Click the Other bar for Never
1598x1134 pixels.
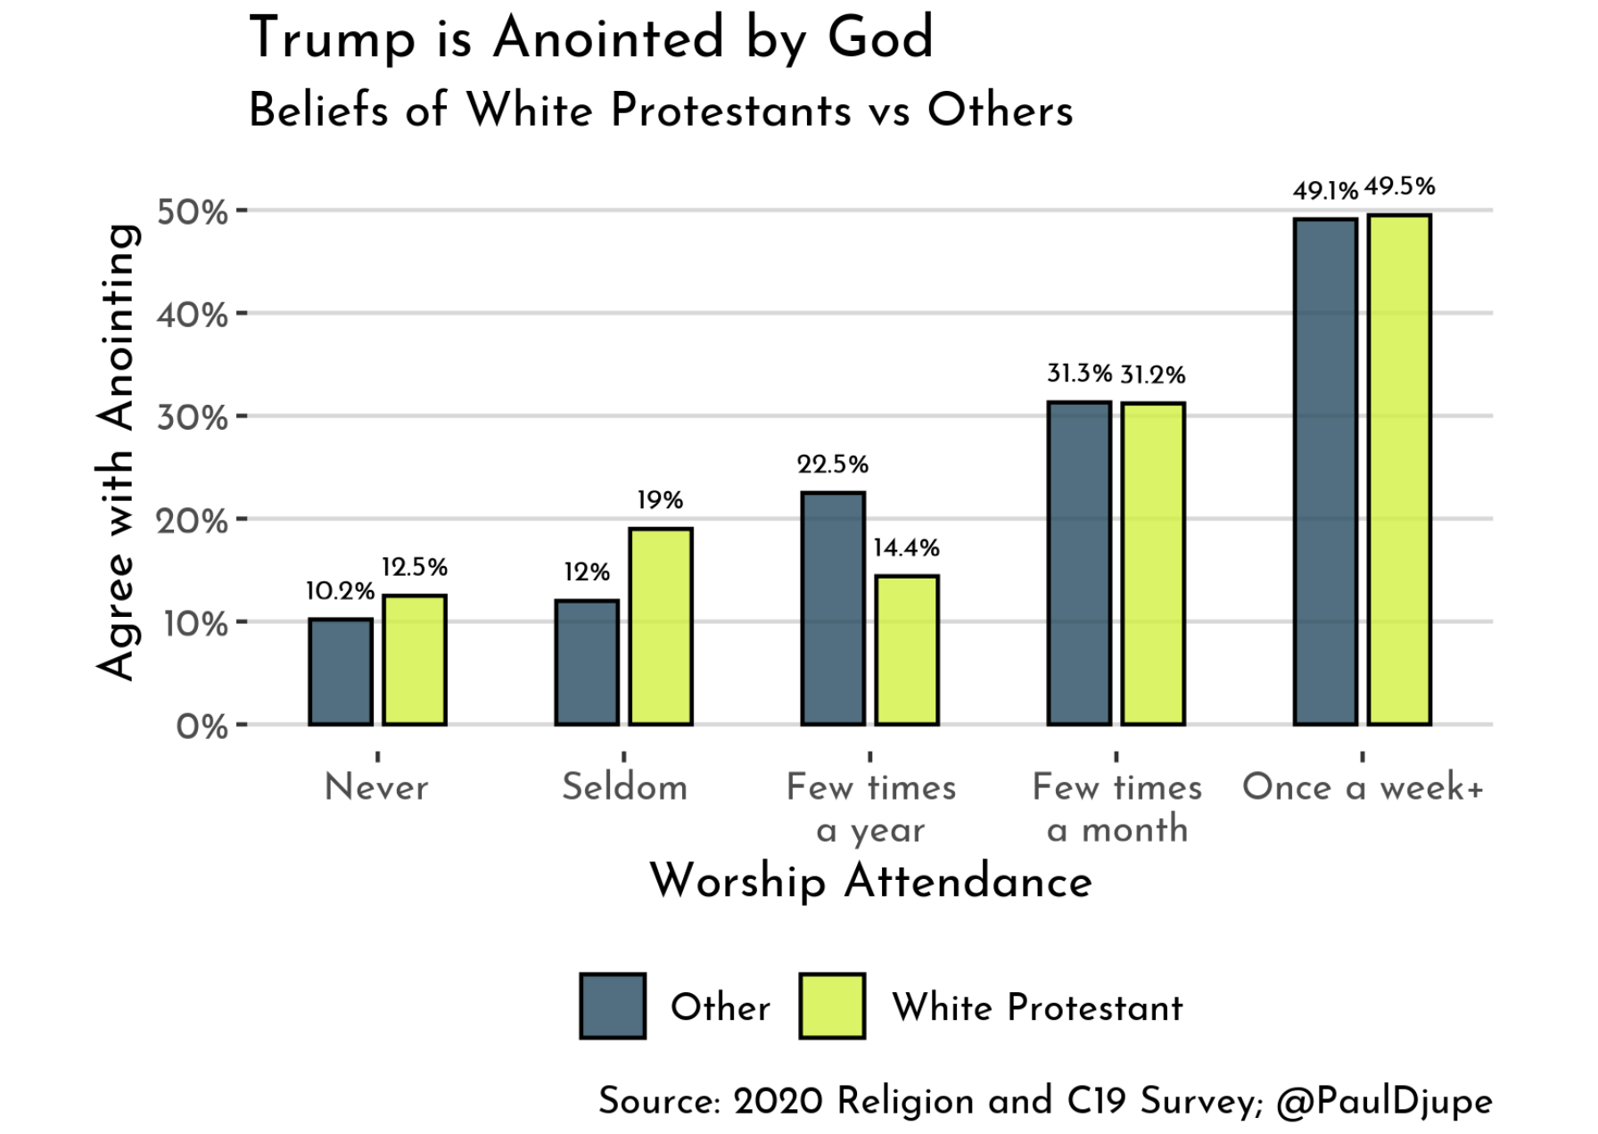(341, 671)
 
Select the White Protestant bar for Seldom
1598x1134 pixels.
(661, 626)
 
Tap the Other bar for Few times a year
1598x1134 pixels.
(833, 608)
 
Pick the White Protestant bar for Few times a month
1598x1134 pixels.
(1153, 563)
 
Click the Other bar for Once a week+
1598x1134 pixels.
(1325, 472)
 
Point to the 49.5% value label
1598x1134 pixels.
(1399, 186)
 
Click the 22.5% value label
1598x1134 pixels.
(833, 464)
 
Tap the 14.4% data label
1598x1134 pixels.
(906, 547)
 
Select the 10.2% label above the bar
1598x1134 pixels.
(340, 591)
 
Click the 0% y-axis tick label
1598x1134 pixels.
(202, 727)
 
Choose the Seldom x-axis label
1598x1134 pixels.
(624, 787)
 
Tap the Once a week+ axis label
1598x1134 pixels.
(1363, 787)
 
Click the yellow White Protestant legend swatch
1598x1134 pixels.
(832, 1006)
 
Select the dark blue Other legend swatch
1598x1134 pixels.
(613, 1006)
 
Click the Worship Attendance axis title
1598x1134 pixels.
(871, 882)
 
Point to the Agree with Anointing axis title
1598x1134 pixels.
(117, 452)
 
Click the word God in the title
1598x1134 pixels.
(880, 38)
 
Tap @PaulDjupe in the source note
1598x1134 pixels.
(1384, 1102)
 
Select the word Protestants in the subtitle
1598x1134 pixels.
(731, 111)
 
